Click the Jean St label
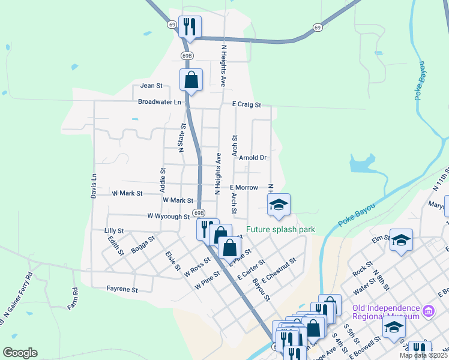[x=151, y=86]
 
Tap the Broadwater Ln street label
[x=159, y=102]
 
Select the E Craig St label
[x=247, y=104]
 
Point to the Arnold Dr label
[x=252, y=158]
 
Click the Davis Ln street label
[x=94, y=186]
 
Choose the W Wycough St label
[x=168, y=216]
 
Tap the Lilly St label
[x=113, y=230]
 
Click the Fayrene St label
[x=122, y=289]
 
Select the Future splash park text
[x=280, y=229]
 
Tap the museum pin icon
[x=428, y=311]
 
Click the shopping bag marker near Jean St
[x=191, y=80]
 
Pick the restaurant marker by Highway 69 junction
[x=190, y=26]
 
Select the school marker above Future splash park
[x=279, y=205]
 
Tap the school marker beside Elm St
[x=401, y=241]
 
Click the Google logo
[x=20, y=353]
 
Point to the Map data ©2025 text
[x=424, y=355]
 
